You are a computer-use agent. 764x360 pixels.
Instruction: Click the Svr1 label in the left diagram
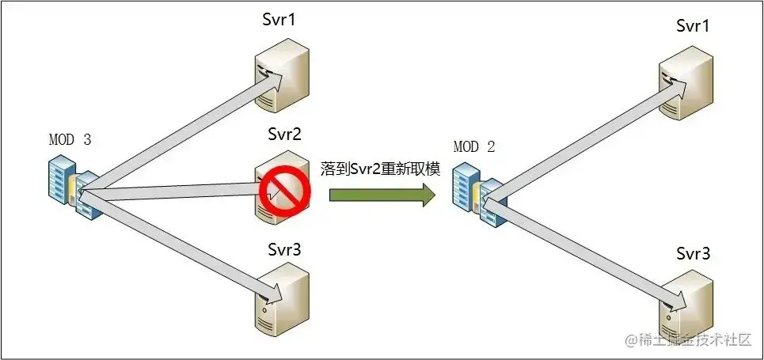[x=279, y=20]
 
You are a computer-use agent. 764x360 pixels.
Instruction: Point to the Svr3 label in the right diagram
[x=694, y=254]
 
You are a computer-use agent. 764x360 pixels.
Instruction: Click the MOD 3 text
[x=70, y=140]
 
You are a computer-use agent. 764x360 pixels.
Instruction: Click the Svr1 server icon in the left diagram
[x=279, y=76]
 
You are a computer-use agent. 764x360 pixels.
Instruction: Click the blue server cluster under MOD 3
[x=70, y=187]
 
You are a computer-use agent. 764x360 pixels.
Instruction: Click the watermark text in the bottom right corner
[x=687, y=339]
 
